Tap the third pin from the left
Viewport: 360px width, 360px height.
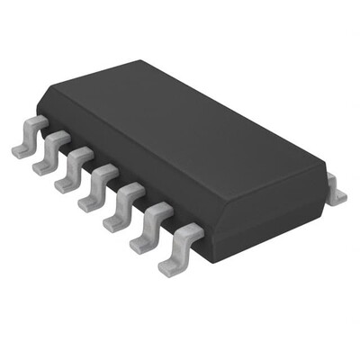click(x=73, y=171)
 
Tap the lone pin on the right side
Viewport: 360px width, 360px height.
click(x=335, y=191)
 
